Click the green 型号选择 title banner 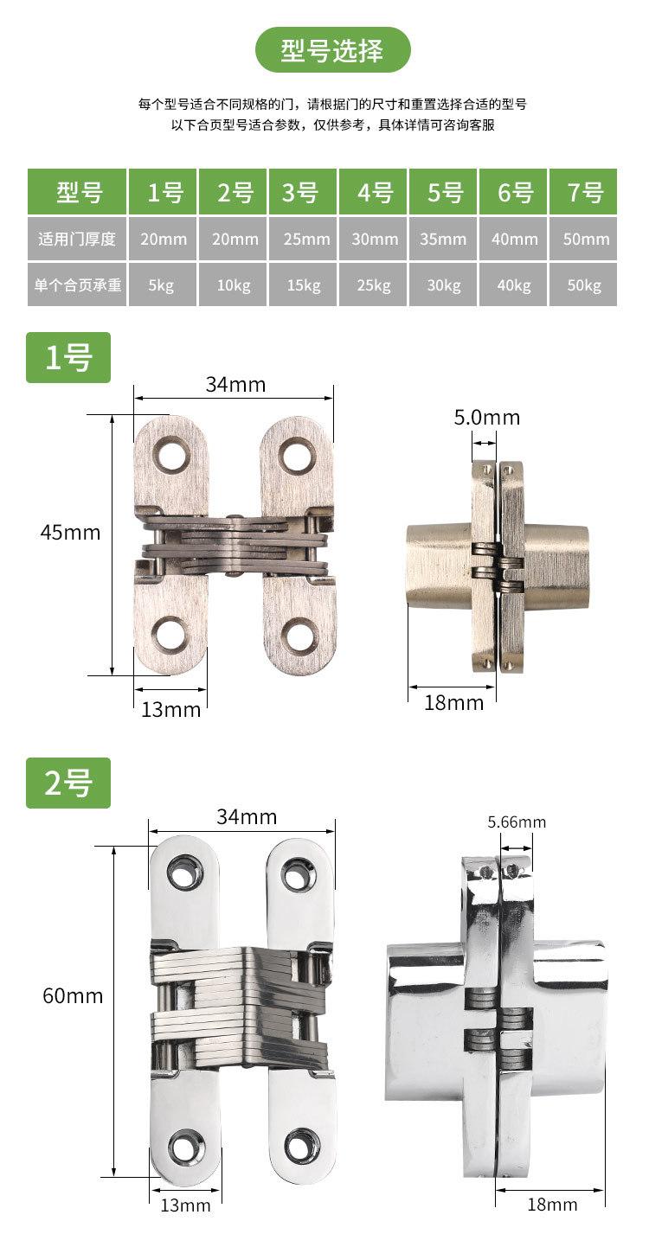[332, 49]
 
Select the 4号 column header [373, 192]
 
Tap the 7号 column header [583, 192]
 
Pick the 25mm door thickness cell [303, 239]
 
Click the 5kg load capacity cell [162, 285]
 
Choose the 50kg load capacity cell [583, 285]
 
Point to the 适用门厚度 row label [77, 239]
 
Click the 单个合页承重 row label [77, 285]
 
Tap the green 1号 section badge [68, 357]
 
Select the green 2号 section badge [68, 783]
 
